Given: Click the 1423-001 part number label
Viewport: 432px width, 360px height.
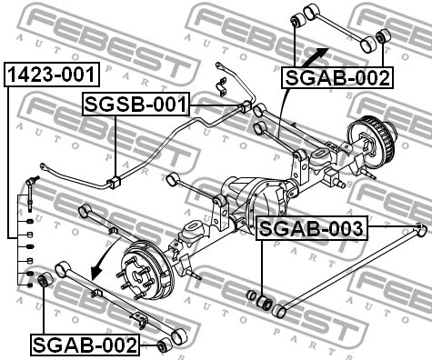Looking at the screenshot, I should (x=51, y=73).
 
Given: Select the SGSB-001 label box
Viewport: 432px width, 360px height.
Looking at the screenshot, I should (x=135, y=105).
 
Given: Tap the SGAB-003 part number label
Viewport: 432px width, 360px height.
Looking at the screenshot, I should (x=311, y=228).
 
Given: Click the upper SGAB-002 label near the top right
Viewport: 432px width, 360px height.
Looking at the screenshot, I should (x=338, y=77).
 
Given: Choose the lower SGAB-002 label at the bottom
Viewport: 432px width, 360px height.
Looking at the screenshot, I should (x=85, y=345).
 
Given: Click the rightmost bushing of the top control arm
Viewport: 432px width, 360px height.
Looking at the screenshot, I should (x=383, y=36).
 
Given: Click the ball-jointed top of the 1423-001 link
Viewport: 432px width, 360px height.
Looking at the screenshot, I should (x=34, y=183).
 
